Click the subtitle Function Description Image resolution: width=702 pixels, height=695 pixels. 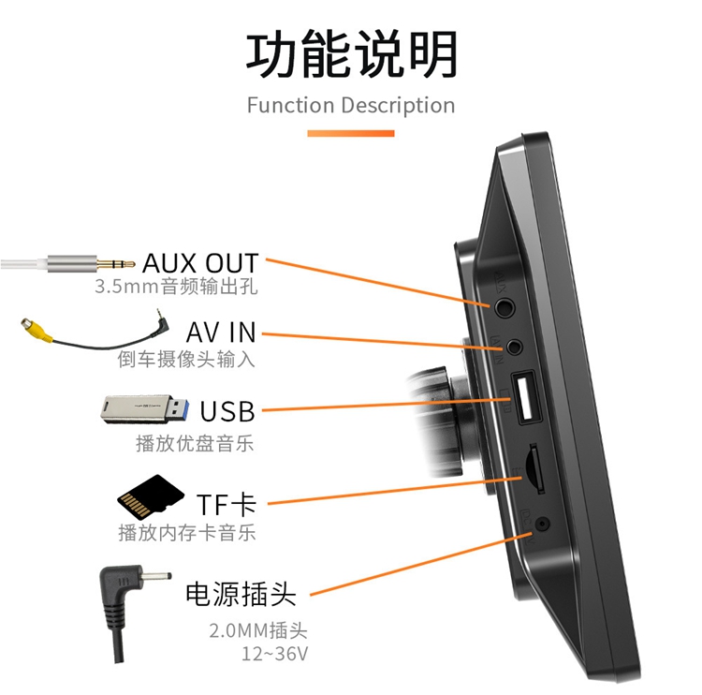point(351,105)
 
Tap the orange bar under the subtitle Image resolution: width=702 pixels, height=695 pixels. point(351,134)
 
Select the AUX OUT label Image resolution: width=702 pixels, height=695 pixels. point(200,263)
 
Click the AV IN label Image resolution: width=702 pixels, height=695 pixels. point(221,333)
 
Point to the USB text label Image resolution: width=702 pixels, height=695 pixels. point(227,411)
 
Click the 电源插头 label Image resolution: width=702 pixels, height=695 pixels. point(241,593)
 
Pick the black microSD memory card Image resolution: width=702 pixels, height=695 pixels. point(150,496)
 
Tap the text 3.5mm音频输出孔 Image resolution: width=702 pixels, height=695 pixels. point(176,287)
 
